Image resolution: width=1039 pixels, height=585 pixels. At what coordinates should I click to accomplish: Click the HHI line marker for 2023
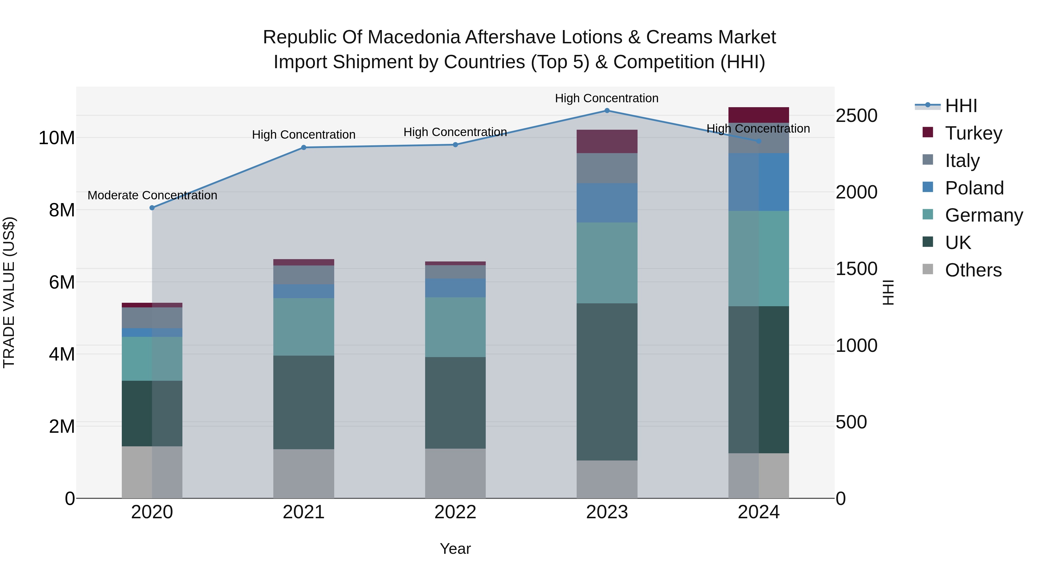point(607,111)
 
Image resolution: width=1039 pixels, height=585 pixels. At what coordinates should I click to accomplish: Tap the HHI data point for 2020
point(152,208)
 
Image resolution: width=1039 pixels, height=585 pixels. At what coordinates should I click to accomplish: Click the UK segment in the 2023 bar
point(607,382)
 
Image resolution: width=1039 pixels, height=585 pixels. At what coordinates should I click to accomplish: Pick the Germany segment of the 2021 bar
point(303,327)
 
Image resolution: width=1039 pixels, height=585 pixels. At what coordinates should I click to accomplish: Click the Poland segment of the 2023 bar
point(607,203)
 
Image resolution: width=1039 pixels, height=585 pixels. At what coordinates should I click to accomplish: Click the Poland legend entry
point(974,188)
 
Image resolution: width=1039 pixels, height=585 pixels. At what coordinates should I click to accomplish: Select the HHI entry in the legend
point(961,106)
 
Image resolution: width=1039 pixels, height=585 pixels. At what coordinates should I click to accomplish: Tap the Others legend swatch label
point(973,270)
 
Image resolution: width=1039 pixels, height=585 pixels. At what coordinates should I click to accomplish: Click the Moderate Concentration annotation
point(152,195)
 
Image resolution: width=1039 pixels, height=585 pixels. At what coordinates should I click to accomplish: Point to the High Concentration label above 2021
point(303,135)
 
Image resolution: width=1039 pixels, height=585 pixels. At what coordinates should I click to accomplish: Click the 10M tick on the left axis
point(57,138)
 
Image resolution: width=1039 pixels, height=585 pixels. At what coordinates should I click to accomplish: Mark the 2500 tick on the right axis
point(856,116)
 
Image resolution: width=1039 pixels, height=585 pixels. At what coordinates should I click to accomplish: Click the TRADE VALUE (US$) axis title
point(9,292)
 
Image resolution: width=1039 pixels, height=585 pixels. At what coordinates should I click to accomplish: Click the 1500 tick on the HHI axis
point(856,269)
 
